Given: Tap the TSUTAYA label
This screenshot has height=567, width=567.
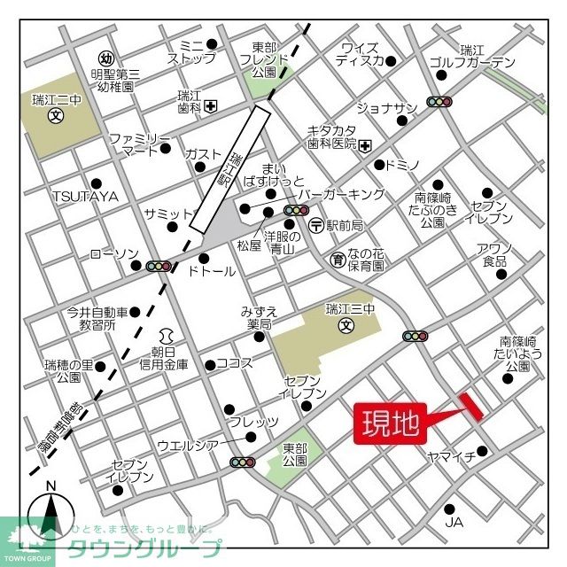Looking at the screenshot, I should click(x=84, y=196).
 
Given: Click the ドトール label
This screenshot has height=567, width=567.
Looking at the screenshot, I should click(x=212, y=271).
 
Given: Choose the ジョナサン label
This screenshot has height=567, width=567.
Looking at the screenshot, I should click(x=386, y=108).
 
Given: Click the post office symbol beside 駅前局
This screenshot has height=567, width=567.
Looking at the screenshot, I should click(x=316, y=225).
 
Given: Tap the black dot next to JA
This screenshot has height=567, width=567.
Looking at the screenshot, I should click(x=450, y=509).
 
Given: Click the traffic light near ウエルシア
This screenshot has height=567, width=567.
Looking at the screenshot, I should click(x=242, y=462).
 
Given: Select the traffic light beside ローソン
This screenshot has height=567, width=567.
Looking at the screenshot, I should click(x=159, y=266).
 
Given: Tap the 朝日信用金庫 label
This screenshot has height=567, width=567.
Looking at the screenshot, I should click(x=164, y=358).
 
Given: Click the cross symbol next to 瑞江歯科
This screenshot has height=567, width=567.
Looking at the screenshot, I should click(x=210, y=106).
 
